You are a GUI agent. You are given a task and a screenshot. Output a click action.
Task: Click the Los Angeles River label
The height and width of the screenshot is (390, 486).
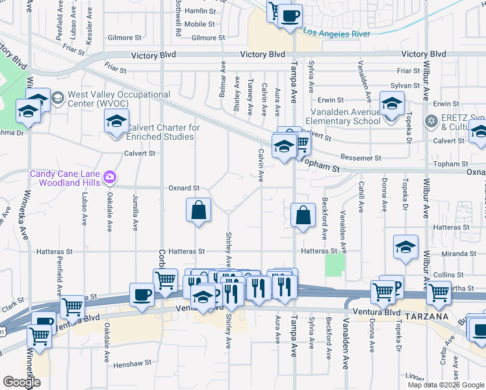pos(337,33)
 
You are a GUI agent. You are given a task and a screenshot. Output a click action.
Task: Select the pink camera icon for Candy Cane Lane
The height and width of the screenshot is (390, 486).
pos(110,176)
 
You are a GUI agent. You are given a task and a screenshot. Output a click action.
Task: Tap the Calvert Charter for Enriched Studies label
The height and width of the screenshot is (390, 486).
pos(162,132)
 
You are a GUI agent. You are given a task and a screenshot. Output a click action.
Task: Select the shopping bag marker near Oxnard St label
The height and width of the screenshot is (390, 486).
pos(198,210)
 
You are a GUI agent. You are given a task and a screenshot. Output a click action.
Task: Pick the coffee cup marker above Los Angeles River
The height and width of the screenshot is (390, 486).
pos(290,15)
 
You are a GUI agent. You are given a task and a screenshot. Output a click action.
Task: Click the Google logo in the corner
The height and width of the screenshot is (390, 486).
pos(21,382)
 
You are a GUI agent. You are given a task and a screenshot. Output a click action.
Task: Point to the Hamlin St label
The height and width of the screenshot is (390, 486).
pos(199,11)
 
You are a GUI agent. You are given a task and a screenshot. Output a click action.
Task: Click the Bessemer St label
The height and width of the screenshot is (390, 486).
pos(361,158)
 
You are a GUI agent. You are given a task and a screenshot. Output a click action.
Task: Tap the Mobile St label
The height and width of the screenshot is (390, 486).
pos(199,23)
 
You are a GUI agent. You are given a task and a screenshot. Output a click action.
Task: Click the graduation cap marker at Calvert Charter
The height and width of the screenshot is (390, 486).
pos(116,121)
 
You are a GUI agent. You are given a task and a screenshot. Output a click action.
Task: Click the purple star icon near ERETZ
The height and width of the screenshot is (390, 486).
pos(429,121)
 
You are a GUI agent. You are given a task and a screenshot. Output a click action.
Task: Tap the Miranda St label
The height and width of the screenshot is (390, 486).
pos(461,253)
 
